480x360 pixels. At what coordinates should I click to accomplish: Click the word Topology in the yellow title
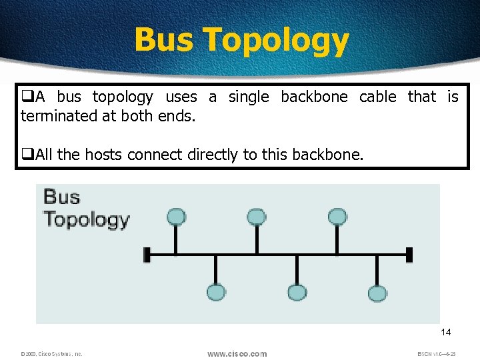pos(276,41)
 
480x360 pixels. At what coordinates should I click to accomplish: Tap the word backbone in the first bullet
pos(314,97)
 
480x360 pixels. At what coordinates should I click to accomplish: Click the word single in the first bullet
pos(249,97)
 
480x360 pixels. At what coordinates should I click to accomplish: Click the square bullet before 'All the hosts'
pos(27,155)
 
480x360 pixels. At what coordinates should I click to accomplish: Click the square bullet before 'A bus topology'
pos(27,97)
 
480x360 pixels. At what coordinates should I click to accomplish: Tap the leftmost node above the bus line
pos(176,216)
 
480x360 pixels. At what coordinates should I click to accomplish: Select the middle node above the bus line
pos(257,216)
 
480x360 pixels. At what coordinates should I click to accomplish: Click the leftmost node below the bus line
pos(216,293)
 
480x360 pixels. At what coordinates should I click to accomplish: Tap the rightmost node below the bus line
pos(377,293)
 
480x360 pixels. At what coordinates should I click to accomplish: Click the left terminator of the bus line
pos(147,254)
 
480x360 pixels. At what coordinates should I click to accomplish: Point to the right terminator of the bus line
pos(409,254)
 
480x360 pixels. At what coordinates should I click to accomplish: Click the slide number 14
pos(446,333)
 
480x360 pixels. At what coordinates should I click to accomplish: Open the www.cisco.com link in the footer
pos(237,354)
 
